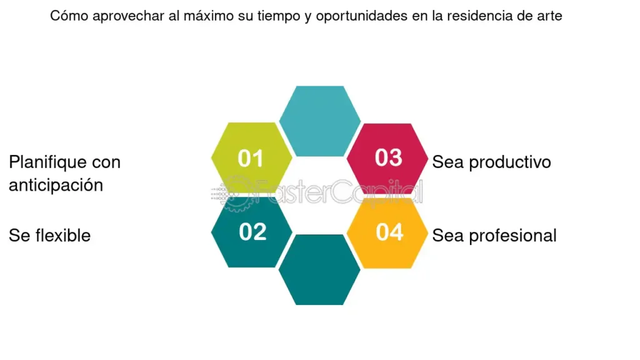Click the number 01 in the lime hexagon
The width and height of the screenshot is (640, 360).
pyautogui.click(x=251, y=158)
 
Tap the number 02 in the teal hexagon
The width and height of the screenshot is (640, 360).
pyautogui.click(x=252, y=232)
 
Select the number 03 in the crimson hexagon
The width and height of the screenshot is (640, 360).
pyautogui.click(x=389, y=157)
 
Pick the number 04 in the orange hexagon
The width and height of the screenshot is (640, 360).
pyautogui.click(x=390, y=232)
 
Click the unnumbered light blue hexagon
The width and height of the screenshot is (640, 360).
pyautogui.click(x=320, y=121)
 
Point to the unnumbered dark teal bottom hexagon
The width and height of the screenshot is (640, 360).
pyautogui.click(x=319, y=269)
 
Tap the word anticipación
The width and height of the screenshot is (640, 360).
pyautogui.click(x=56, y=185)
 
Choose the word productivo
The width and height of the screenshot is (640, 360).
pyautogui.click(x=510, y=162)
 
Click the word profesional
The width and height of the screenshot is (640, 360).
pyautogui.click(x=512, y=236)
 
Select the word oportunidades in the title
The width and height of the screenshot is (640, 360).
pyautogui.click(x=362, y=16)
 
